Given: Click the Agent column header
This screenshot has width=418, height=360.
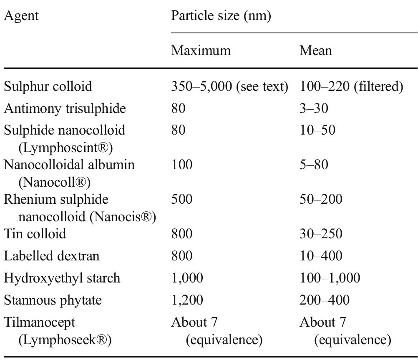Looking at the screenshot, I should point(21,16).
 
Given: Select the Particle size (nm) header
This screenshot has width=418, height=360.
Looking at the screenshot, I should point(221,16).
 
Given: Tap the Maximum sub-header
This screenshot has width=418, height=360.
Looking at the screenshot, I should point(201,51).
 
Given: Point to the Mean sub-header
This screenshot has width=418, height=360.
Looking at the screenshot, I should point(315,51).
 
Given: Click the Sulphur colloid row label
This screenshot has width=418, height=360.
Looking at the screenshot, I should point(48,87).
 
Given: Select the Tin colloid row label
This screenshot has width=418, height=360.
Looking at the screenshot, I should point(35,234).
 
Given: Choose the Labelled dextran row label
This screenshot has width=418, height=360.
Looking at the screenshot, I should point(52,255).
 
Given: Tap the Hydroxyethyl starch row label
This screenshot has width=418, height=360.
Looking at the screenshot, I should point(62,277).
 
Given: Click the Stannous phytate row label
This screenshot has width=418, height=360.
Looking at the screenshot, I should point(53,300).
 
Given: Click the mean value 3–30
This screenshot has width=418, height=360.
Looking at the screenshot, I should point(314,109).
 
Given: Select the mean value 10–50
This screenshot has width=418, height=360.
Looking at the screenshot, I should point(317,130).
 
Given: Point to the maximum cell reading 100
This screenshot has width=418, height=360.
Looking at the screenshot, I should point(182,165).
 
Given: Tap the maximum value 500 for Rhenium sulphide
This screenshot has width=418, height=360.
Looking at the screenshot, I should point(182,199).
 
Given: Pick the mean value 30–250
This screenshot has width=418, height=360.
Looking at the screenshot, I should point(321,234).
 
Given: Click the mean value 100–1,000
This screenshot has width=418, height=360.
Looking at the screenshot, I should point(330,277).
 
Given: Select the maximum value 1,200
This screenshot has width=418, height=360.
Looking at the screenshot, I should point(187,300).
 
